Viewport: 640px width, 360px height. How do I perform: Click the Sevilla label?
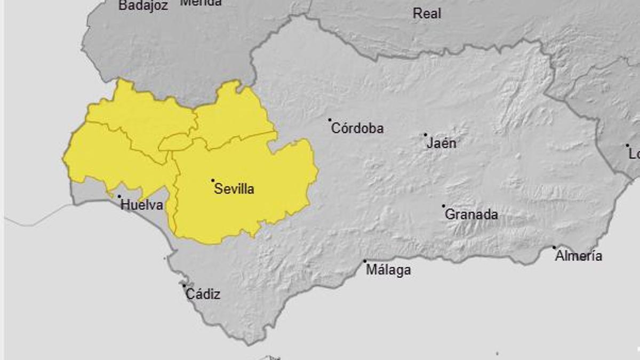(x=234, y=189)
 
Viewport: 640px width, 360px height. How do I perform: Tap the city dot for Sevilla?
(x=213, y=180)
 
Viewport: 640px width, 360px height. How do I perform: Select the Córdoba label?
(x=357, y=129)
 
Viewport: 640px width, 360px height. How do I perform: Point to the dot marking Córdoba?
(x=330, y=120)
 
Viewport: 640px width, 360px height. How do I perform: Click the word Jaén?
(x=442, y=143)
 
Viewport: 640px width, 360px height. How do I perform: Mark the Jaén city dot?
(x=426, y=134)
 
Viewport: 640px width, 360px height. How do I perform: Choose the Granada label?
(x=471, y=214)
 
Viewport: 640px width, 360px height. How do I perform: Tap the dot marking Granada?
(x=443, y=206)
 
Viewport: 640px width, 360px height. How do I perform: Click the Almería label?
(x=579, y=256)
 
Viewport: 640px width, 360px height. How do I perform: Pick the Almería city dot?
(x=554, y=247)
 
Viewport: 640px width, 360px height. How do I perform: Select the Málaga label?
(x=388, y=270)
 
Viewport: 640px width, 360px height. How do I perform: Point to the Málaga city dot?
(x=365, y=261)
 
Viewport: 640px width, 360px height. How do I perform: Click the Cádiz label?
(x=203, y=294)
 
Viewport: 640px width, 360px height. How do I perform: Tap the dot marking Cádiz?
(x=185, y=285)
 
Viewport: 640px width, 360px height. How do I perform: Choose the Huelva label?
(x=141, y=205)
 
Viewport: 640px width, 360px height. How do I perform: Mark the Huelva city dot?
(x=119, y=196)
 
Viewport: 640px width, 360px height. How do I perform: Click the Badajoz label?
(x=143, y=6)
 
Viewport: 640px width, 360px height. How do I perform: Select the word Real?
(x=427, y=14)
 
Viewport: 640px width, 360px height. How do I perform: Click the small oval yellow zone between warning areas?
(x=175, y=142)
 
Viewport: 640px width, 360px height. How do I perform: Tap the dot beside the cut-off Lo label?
(x=628, y=145)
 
